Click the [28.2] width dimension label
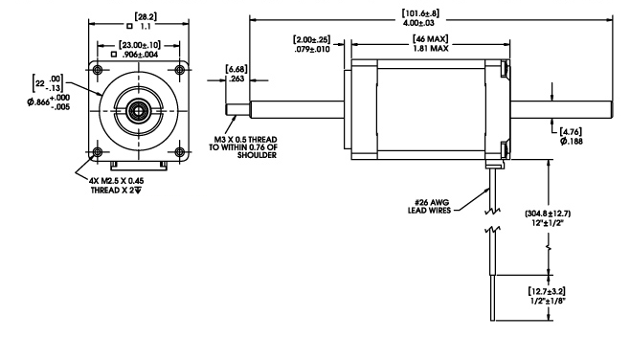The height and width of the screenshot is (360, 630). tap(146, 17)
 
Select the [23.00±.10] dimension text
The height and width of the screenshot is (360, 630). tap(140, 45)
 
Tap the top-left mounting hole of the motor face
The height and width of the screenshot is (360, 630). tap(98, 70)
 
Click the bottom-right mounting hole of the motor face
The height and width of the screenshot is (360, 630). tap(180, 152)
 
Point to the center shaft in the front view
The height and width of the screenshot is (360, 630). tap(139, 110)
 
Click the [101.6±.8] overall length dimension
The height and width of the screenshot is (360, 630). tap(420, 13)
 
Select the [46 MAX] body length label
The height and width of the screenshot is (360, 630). tap(430, 39)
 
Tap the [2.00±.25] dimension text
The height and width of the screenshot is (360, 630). tap(312, 40)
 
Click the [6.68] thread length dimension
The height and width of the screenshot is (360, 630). tap(236, 70)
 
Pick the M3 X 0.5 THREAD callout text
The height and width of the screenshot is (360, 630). tap(245, 140)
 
